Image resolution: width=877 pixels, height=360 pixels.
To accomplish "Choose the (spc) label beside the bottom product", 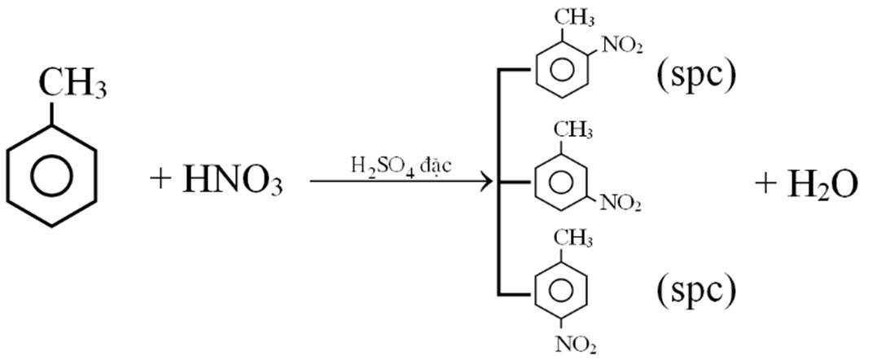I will click(x=696, y=288).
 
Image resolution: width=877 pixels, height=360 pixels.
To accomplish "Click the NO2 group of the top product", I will click(x=623, y=46).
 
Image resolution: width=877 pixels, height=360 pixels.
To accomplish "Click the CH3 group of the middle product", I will click(x=573, y=128).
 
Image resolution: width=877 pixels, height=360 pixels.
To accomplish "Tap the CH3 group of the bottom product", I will click(x=573, y=237).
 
